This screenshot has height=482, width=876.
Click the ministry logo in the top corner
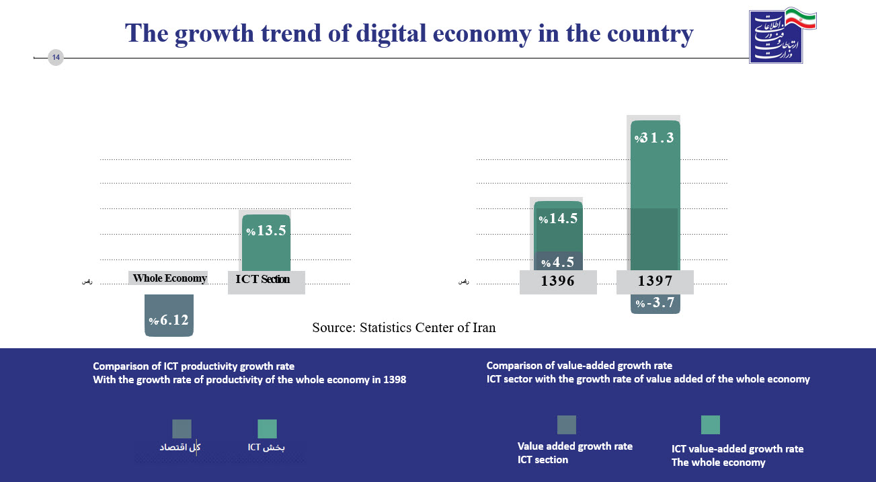pos(783,36)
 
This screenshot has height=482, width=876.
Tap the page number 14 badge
pos(56,58)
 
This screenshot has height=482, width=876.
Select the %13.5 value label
pos(267,231)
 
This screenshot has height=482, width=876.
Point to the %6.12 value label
pos(169,321)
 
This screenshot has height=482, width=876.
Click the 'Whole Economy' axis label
pos(169,278)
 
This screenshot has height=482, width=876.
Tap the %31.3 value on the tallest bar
pos(654,138)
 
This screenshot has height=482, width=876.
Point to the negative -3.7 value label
pos(655,303)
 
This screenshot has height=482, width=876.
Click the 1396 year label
pos(558,282)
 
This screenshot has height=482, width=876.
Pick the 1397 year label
pos(655,282)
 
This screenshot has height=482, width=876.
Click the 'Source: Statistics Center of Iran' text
pos(403,328)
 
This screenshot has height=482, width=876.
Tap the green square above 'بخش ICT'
pos(268,429)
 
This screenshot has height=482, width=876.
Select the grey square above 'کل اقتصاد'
pos(182,429)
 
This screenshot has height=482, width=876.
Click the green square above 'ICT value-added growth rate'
pos(711,425)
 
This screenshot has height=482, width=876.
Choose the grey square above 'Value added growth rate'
pos(567,425)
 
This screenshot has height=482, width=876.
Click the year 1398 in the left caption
pos(394,379)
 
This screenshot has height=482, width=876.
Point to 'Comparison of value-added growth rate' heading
pos(579,366)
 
